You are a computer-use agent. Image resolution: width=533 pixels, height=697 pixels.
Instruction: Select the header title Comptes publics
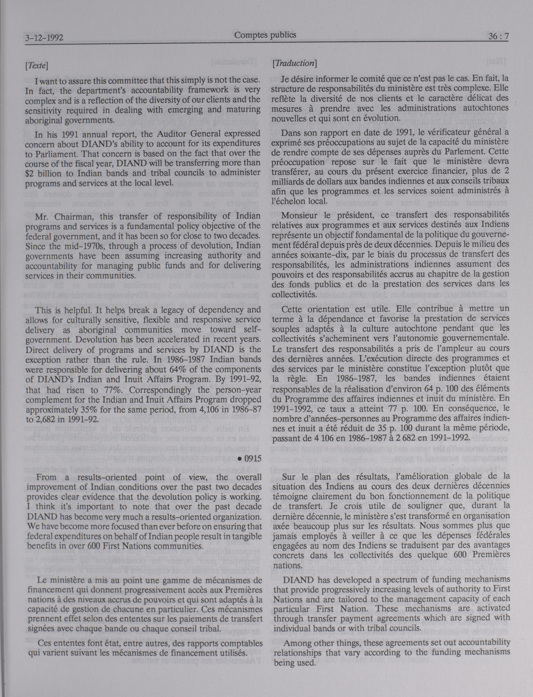point(265,35)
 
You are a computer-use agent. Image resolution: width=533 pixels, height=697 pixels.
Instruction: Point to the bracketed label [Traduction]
point(294,63)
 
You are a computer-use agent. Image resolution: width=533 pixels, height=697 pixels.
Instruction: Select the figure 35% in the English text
point(75,410)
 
